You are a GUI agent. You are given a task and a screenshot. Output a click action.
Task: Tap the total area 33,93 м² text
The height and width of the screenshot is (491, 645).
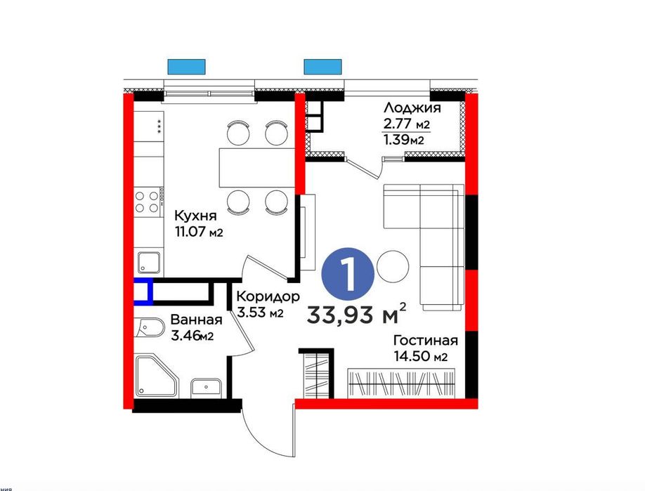coord(356,313)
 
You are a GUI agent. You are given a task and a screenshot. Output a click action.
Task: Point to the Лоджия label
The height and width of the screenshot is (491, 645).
coord(412,108)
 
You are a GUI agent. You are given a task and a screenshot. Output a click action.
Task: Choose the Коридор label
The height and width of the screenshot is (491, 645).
coord(268,296)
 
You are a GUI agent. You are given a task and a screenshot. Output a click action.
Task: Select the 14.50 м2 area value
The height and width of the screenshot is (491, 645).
coord(420,358)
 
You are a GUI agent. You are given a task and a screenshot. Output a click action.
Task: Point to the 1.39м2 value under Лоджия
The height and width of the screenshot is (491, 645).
coord(402,140)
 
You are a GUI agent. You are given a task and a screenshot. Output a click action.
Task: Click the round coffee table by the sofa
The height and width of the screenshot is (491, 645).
coord(393,266)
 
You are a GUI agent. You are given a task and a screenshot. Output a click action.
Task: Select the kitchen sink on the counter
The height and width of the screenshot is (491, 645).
coord(149,263)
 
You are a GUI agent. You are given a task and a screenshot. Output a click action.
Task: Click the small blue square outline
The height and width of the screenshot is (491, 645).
coord(143,292)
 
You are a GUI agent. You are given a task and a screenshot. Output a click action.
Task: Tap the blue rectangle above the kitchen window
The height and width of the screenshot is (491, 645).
coord(185,67)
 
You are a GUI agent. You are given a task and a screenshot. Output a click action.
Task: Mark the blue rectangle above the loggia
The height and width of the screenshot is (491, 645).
coord(321,67)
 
